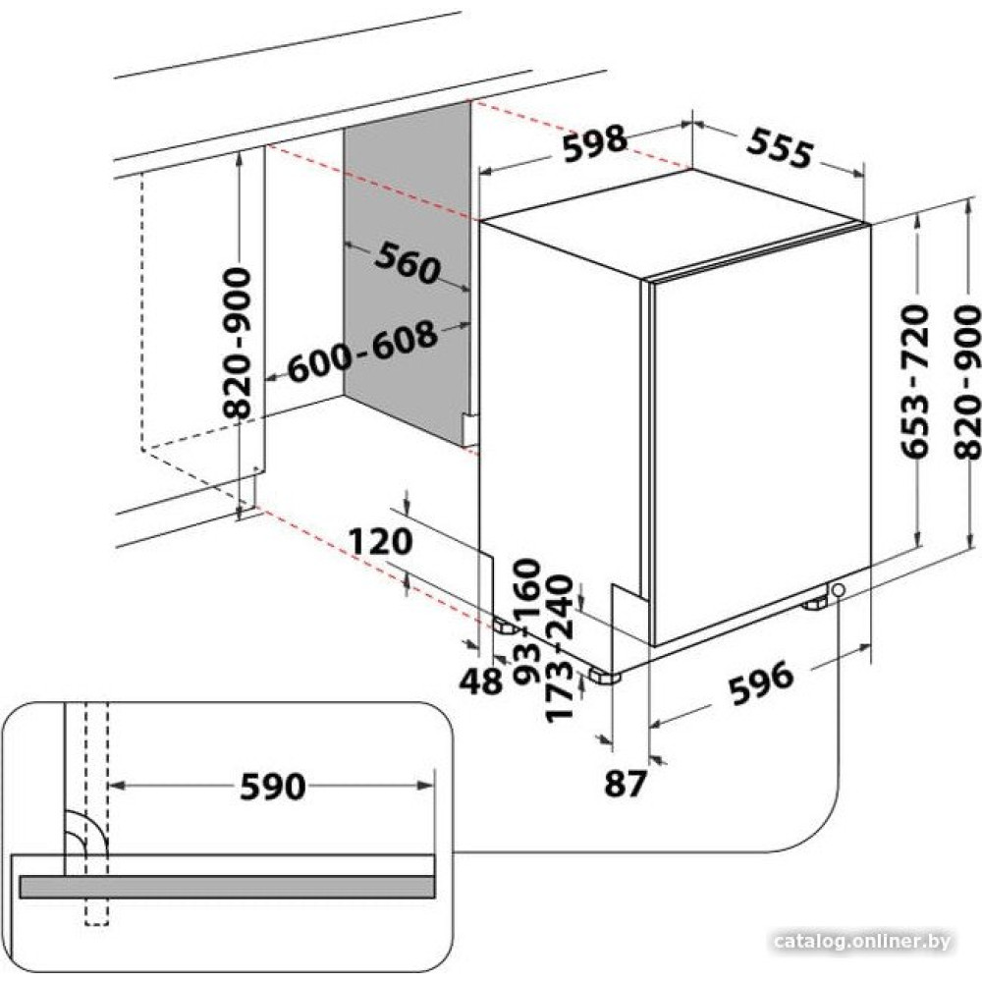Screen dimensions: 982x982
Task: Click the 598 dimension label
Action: coord(594,143)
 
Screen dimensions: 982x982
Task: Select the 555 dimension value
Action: coord(780,148)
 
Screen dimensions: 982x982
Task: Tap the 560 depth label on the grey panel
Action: coord(408,263)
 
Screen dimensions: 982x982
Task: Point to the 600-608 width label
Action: coord(362,352)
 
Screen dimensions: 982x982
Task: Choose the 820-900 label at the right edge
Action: coord(967,381)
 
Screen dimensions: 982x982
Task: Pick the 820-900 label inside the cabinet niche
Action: coord(238,343)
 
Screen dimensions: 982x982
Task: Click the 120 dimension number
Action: coord(380,541)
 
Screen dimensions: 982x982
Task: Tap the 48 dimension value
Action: coord(481,681)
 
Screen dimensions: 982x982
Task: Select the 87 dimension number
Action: coord(625,783)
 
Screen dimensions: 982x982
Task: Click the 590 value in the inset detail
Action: coord(273,787)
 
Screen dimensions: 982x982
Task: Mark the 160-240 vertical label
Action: coord(542,598)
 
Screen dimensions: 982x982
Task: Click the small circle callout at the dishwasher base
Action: coord(838,590)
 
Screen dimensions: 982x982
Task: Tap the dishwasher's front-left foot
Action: coord(604,677)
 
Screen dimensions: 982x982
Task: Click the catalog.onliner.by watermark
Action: coord(862,941)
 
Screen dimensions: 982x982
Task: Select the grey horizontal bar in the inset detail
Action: coord(227,887)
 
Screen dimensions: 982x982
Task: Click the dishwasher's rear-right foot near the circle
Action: coord(814,605)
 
